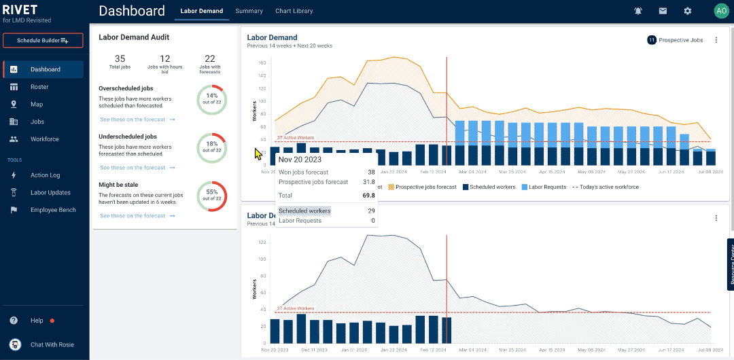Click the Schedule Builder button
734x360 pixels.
tap(43, 41)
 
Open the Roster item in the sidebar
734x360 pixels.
tap(39, 87)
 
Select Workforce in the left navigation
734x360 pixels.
tap(44, 139)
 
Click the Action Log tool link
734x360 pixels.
tap(45, 175)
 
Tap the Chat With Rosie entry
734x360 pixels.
tap(52, 344)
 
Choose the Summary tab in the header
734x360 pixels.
tap(249, 11)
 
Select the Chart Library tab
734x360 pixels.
tap(294, 11)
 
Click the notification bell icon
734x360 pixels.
tap(637, 11)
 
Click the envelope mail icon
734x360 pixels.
tap(663, 11)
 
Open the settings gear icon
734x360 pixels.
tap(687, 11)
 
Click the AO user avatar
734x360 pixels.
tap(720, 11)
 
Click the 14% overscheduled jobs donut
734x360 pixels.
tap(212, 100)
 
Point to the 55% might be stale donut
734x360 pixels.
tap(212, 196)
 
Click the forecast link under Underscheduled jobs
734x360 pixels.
tap(137, 168)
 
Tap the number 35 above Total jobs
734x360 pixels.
tap(120, 59)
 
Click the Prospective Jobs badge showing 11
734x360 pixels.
tap(675, 40)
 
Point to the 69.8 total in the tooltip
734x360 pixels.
tap(367, 195)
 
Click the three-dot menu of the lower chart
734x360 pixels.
tap(716, 218)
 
